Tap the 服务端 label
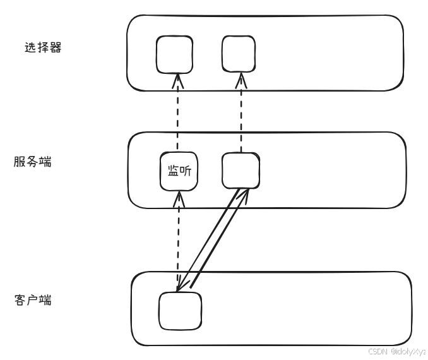coord(32,162)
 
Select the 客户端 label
coord(32,299)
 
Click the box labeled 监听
coord(179,171)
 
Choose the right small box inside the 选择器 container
coord(240,52)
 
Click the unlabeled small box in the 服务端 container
coord(241,171)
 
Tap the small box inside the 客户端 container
coord(179,311)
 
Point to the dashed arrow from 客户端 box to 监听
coord(179,240)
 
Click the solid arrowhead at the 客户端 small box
coord(182,287)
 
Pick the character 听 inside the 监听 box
coord(186,171)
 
